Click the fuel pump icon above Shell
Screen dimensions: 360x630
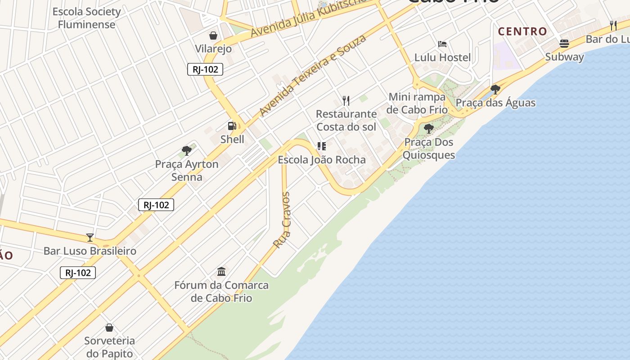tap(232, 126)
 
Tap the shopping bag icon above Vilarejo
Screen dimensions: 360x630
tap(213, 35)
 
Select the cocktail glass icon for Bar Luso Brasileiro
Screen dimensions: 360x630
tap(90, 238)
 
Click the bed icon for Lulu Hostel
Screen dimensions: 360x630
tap(442, 44)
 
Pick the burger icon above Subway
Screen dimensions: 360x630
tap(564, 44)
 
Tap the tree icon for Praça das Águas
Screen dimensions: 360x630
tap(495, 89)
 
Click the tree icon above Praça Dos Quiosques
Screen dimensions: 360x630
tap(429, 129)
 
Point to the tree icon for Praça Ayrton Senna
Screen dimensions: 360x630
tap(187, 151)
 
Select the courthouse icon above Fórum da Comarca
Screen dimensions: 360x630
tap(221, 271)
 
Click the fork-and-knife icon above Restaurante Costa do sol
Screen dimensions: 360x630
tap(346, 100)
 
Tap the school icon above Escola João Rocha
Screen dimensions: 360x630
tap(322, 146)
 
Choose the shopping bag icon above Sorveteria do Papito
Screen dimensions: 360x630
tap(109, 327)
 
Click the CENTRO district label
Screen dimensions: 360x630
tap(522, 31)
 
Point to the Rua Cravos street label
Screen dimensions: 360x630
tap(283, 220)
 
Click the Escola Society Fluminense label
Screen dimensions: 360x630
tap(87, 18)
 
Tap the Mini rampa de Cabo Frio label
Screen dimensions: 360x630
tap(417, 103)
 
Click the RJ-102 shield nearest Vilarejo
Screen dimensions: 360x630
tap(205, 69)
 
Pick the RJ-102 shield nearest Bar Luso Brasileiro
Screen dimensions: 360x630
tap(78, 273)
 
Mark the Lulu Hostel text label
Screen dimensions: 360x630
tap(442, 57)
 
